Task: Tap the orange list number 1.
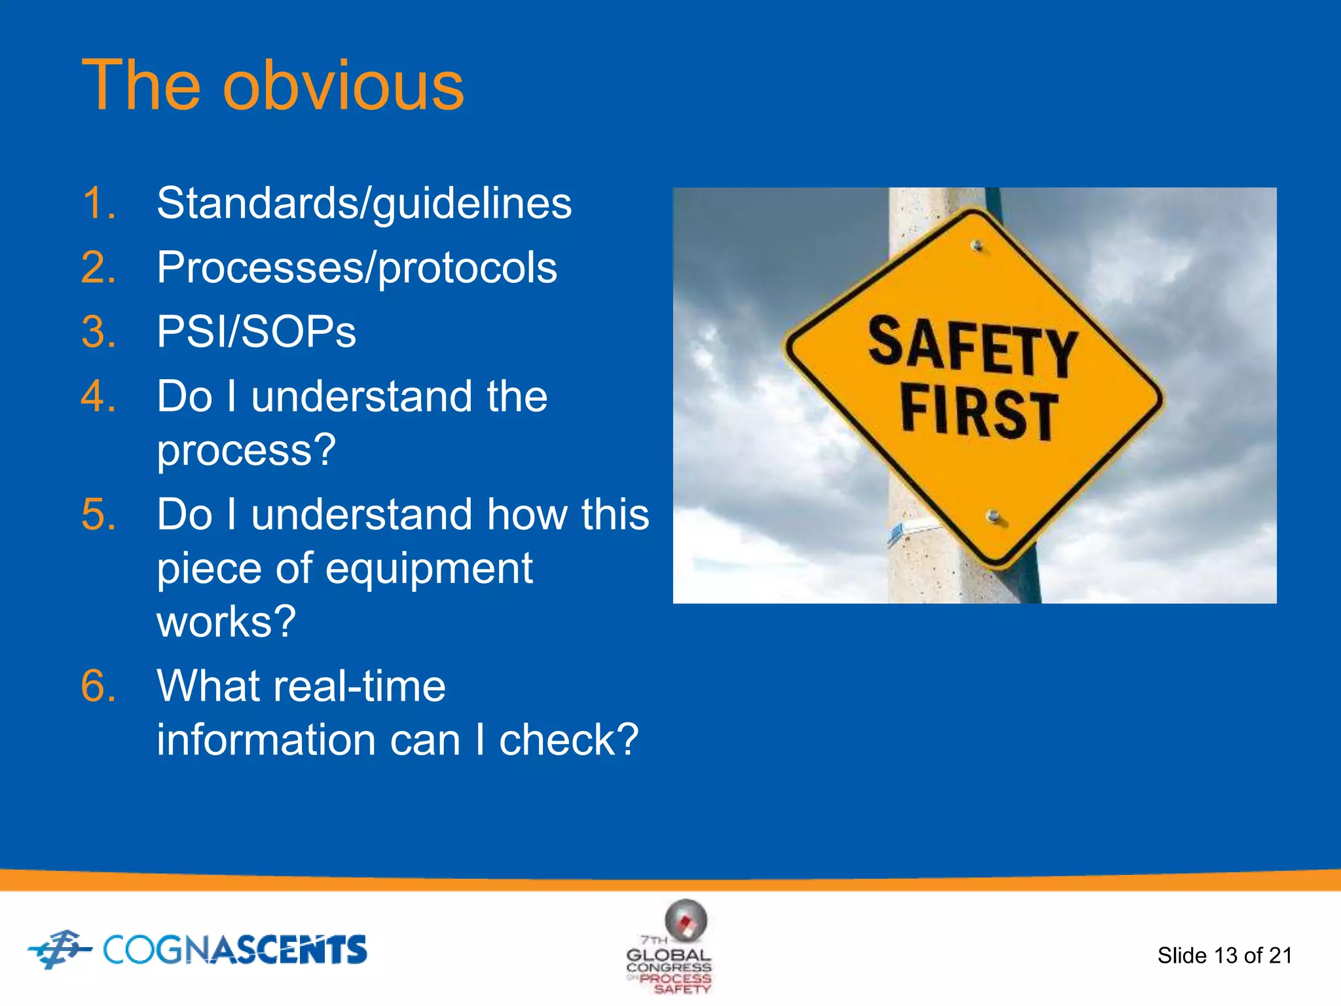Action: tap(99, 203)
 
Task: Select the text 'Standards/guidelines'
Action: tap(364, 203)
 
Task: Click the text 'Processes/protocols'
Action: tap(357, 267)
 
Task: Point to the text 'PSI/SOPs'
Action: tap(256, 331)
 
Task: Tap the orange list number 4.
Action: tap(99, 396)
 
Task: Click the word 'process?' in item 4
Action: tap(246, 451)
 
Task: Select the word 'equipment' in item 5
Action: tap(429, 568)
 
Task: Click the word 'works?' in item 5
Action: tap(226, 622)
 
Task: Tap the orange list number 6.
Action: tap(99, 686)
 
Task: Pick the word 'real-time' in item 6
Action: tap(359, 686)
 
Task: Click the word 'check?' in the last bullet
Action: tap(568, 740)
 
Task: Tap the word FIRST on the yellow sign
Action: tap(978, 413)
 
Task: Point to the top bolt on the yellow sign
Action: tap(977, 246)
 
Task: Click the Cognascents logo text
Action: tap(234, 950)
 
